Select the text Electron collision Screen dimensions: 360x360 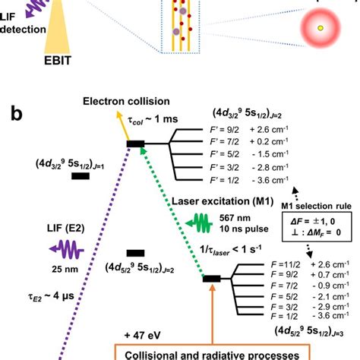pyautogui.click(x=127, y=101)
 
